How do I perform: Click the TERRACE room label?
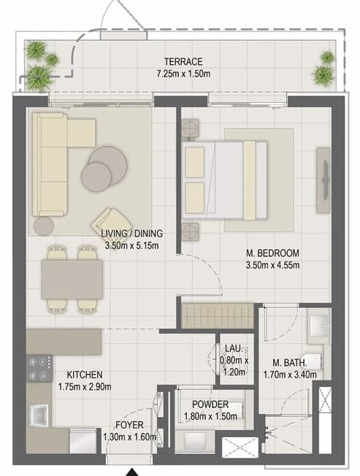(x=183, y=61)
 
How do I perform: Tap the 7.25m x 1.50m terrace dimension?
(x=183, y=74)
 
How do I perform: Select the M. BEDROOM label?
(x=272, y=253)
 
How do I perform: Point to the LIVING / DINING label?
(x=131, y=234)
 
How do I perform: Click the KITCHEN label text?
(x=85, y=375)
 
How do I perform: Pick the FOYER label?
(x=129, y=425)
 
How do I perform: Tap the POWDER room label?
(x=210, y=404)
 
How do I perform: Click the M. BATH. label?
(x=290, y=362)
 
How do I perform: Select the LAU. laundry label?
(x=234, y=348)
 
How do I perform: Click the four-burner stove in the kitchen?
(x=39, y=369)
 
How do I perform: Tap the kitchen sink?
(x=39, y=415)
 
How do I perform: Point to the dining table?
(x=72, y=280)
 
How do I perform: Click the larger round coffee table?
(x=108, y=166)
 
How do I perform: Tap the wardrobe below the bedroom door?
(x=218, y=316)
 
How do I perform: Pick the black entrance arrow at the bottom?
(x=132, y=472)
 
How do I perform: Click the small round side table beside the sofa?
(x=44, y=226)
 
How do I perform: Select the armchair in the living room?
(x=107, y=223)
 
